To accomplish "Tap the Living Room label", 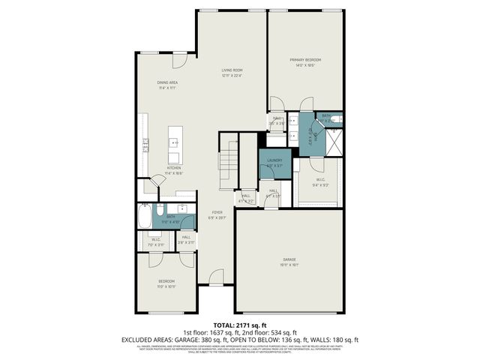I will pyautogui.click(x=232, y=70).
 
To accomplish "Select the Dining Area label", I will pyautogui.click(x=166, y=82).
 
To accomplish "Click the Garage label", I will pyautogui.click(x=289, y=260).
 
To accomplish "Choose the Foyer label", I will pyautogui.click(x=217, y=212).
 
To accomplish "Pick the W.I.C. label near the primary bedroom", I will pyautogui.click(x=319, y=180).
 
